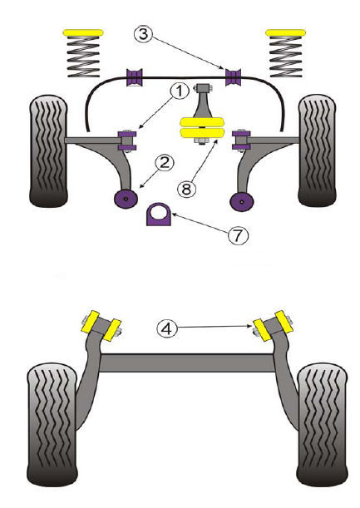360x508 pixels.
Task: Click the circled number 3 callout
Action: pos(143,34)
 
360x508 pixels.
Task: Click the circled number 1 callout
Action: pos(179,91)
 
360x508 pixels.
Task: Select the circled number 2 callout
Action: pos(165,162)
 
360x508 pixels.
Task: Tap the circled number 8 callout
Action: pos(186,188)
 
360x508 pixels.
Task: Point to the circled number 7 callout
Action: pos(238,235)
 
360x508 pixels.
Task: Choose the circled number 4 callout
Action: pos(167,328)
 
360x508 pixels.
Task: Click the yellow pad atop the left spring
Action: pos(83,32)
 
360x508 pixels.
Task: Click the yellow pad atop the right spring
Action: pos(285,32)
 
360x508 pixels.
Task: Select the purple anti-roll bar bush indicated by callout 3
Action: pos(234,77)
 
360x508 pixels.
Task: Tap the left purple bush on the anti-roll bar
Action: pos(136,77)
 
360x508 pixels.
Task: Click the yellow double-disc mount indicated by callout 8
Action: pos(202,128)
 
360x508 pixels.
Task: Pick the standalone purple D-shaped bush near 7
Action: pos(159,215)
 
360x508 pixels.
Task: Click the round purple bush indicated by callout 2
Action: pos(126,198)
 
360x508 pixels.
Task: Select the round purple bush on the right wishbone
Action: pos(242,201)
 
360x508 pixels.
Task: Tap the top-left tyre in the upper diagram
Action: pos(48,151)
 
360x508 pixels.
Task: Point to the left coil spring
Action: pos(83,57)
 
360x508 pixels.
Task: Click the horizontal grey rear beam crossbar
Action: pos(187,363)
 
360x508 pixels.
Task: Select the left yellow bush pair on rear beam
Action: pos(101,326)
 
